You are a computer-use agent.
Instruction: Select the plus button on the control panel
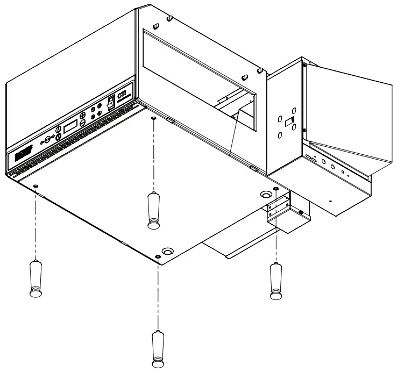pyautogui.click(x=82, y=116)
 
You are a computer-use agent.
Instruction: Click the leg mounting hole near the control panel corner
pyautogui.click(x=36, y=185)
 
